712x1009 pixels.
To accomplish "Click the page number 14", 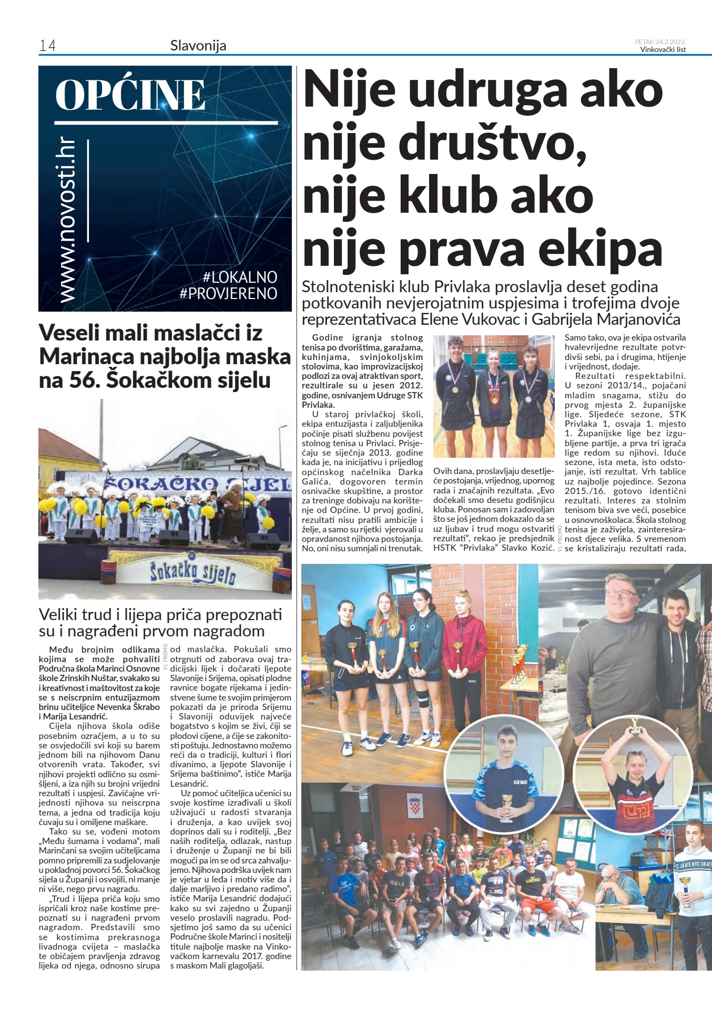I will (x=47, y=46).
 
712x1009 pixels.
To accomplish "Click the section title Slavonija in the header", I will (x=198, y=46).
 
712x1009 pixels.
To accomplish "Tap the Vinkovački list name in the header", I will (x=663, y=50).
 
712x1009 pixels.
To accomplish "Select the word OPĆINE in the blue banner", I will (x=130, y=96).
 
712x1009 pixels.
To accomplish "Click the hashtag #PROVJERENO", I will (x=228, y=293).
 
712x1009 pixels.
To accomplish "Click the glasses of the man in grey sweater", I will (x=620, y=593).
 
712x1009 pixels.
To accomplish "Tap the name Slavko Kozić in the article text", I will (x=531, y=548).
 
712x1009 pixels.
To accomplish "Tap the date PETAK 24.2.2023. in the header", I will (x=660, y=42).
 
